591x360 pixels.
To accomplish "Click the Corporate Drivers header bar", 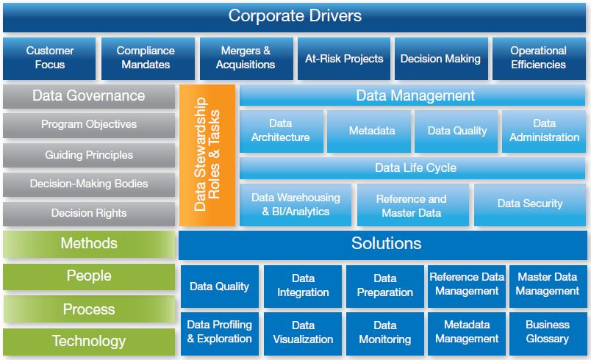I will pos(295,16).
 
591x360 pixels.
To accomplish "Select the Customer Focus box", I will pos(49,58).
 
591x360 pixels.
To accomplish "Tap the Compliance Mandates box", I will pos(146,58).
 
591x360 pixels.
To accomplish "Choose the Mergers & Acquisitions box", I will pos(246,58).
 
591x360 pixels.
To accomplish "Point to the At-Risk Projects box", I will pos(344,58).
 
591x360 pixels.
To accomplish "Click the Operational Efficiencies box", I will pos(538,58).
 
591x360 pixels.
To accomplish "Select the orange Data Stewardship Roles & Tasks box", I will pos(207,155).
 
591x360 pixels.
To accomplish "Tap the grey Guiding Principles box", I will pos(89,155).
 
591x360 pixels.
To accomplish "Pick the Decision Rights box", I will pos(89,213).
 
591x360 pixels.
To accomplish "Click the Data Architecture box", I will pos(281,131).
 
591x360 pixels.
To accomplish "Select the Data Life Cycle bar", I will pos(415,168).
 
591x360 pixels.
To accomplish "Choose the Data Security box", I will pos(529,204).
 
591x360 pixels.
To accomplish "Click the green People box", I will pos(89,276).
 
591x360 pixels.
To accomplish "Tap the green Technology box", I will pos(89,341).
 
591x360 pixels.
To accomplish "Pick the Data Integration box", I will pos(303,286).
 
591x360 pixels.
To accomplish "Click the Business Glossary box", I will pos(548,332).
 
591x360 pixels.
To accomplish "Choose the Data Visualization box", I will pos(303,332).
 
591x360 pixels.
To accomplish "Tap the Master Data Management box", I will pos(548,286).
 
